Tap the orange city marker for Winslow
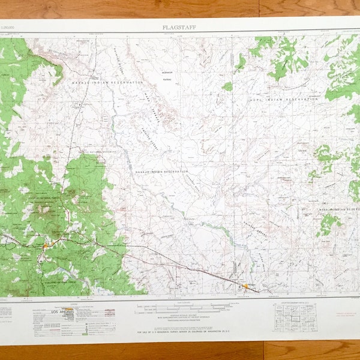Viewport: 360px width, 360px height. click(x=245, y=286)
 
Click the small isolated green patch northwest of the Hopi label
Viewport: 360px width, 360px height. click(x=227, y=86)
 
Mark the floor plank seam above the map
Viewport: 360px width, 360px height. click(x=259, y=8)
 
